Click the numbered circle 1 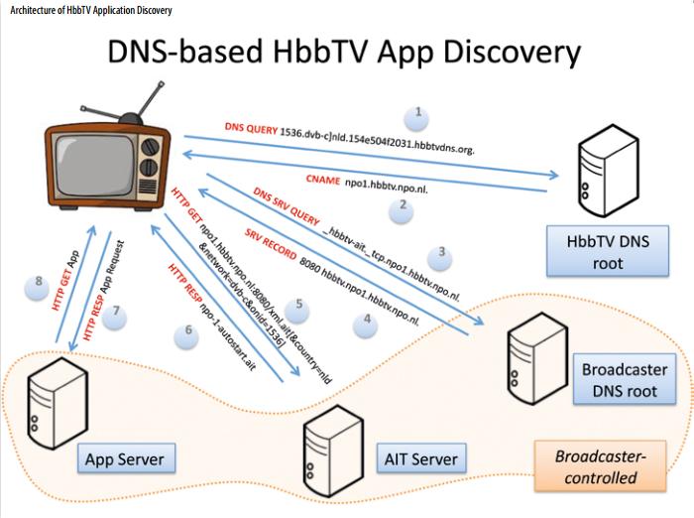[x=418, y=114]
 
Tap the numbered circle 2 [x=402, y=206]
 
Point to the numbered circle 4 [x=366, y=320]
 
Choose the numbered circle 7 [x=116, y=312]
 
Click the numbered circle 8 [x=39, y=282]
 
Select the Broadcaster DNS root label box [x=624, y=380]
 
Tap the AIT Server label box [x=420, y=458]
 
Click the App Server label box [x=125, y=458]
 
